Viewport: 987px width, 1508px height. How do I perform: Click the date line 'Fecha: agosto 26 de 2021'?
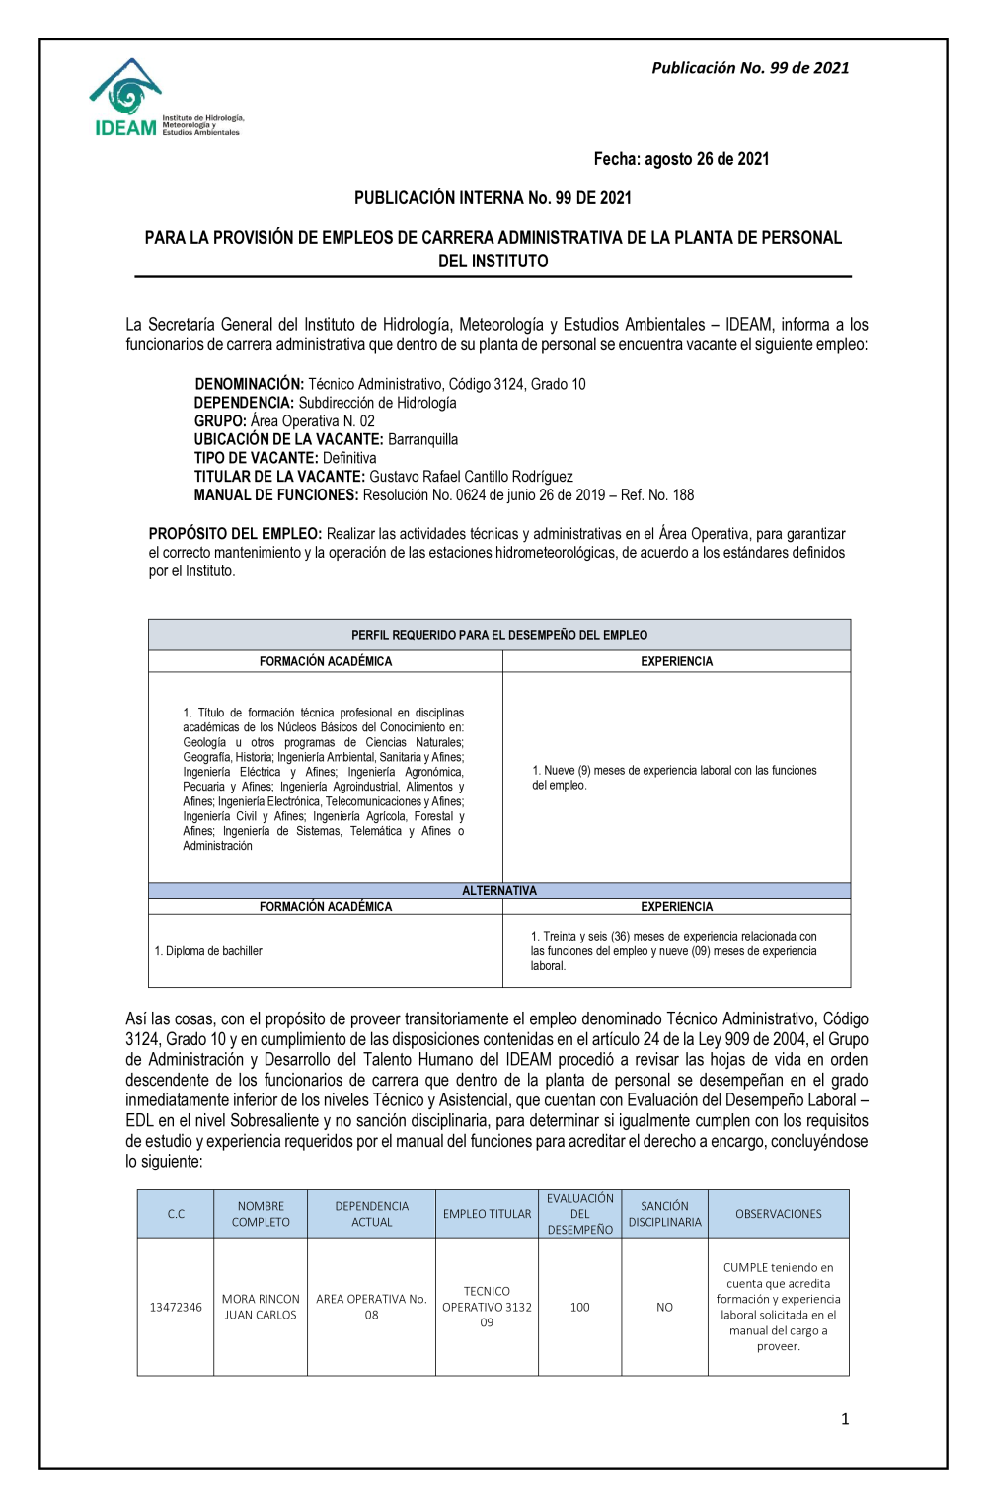click(x=681, y=159)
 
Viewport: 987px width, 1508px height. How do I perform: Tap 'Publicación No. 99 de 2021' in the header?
click(x=750, y=68)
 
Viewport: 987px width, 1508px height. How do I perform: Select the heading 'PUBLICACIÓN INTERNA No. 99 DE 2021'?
click(x=493, y=198)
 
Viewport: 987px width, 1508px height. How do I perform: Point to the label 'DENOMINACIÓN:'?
click(x=249, y=384)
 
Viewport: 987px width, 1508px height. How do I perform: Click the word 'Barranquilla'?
click(x=422, y=439)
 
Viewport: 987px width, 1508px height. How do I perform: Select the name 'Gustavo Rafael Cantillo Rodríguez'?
click(x=471, y=477)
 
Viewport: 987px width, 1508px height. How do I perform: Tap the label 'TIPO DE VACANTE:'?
click(x=256, y=458)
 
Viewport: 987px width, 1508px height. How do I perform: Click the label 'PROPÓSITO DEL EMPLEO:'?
click(x=235, y=534)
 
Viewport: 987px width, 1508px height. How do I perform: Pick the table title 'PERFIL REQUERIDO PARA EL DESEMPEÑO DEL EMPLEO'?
click(x=499, y=635)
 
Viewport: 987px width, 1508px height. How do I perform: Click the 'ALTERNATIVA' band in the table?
click(x=499, y=890)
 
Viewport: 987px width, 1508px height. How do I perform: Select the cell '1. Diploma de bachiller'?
click(x=208, y=951)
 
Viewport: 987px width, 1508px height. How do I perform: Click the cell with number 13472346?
click(x=176, y=1307)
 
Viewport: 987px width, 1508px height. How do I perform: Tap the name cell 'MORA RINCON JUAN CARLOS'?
click(x=261, y=1307)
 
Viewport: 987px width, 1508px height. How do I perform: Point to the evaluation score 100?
click(x=579, y=1307)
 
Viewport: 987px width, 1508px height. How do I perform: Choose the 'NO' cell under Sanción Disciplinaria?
click(x=664, y=1307)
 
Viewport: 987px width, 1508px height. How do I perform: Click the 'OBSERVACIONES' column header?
click(x=778, y=1214)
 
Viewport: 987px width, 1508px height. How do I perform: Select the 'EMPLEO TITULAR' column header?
click(x=487, y=1214)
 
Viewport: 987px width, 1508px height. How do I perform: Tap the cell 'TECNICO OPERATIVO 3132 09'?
click(x=487, y=1307)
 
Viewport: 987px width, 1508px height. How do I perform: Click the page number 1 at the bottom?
click(x=844, y=1419)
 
